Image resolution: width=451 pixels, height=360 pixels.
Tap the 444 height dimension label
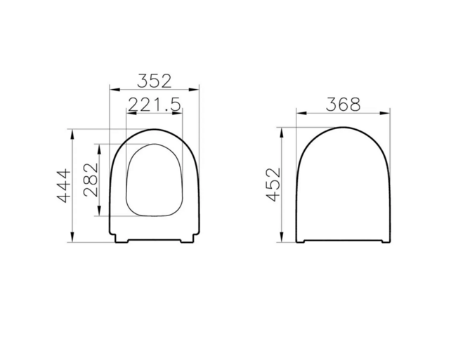[63, 186]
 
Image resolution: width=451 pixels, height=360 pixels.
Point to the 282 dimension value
[91, 180]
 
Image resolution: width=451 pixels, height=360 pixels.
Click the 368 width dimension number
[343, 103]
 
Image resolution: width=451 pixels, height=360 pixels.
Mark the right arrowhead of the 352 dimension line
[197, 89]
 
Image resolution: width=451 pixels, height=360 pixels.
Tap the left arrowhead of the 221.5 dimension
[128, 114]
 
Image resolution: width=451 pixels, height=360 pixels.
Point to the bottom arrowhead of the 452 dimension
[283, 240]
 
